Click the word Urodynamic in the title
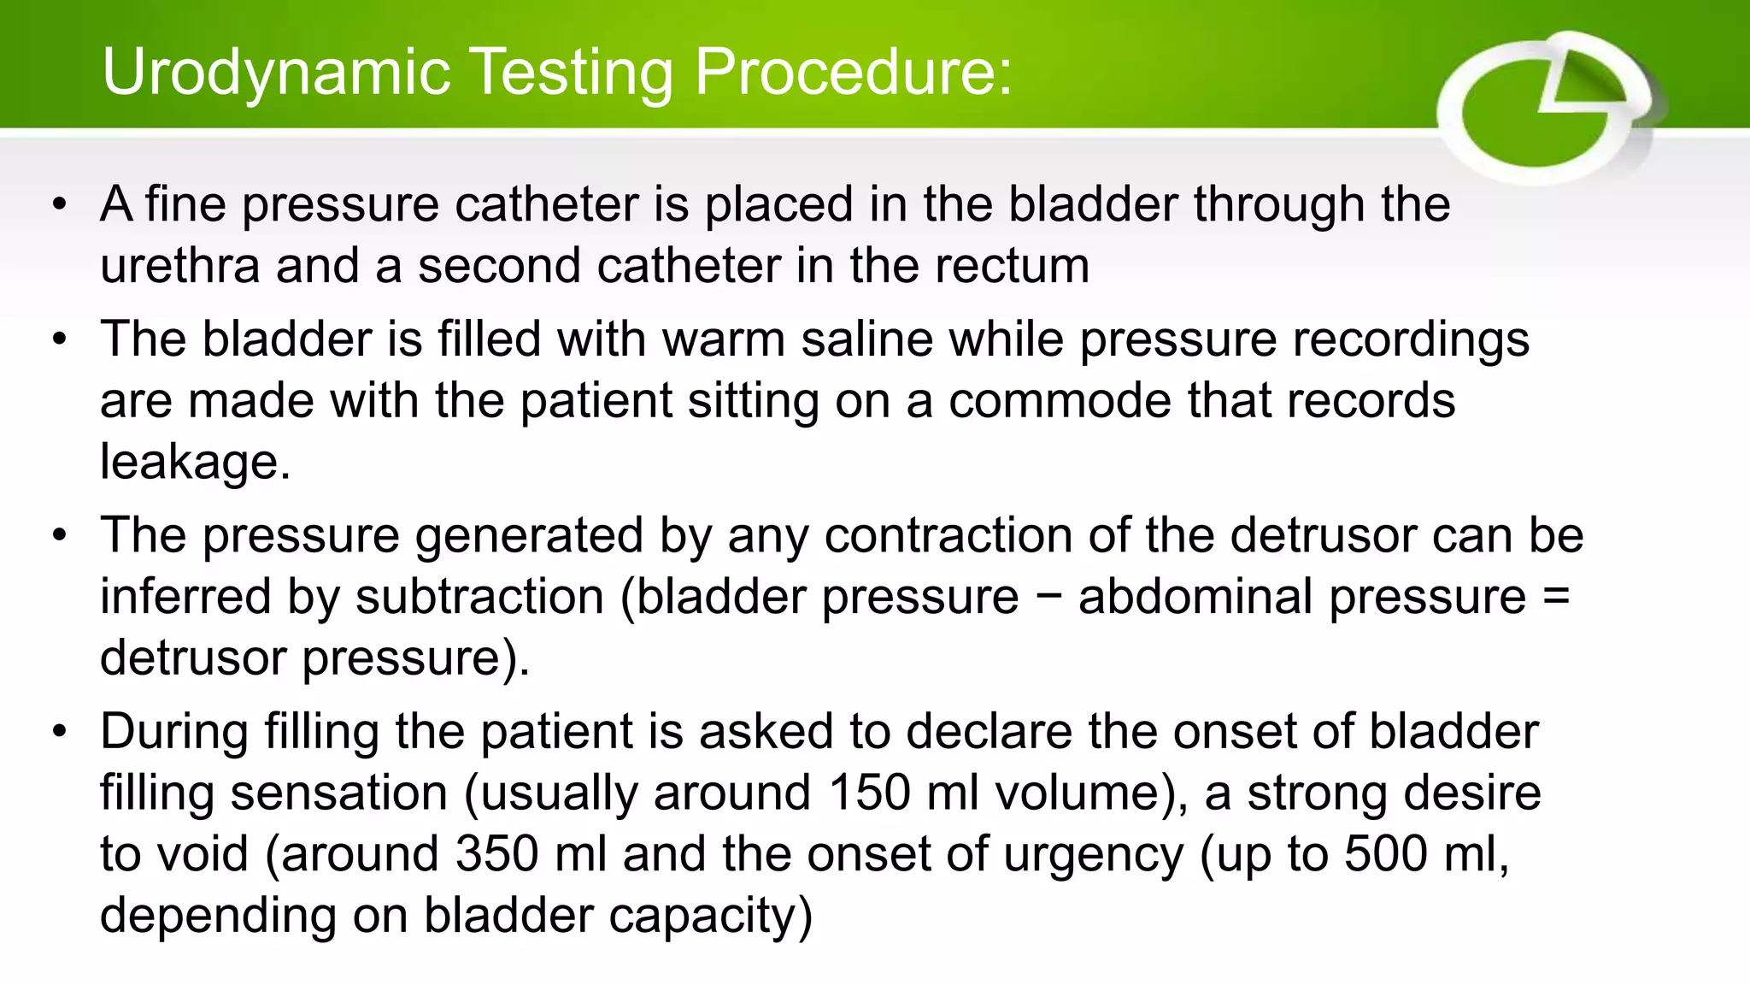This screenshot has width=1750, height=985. coord(276,72)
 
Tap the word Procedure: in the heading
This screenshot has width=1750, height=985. coord(853,72)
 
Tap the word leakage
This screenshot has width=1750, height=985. coord(195,463)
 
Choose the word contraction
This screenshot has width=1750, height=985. coord(948,536)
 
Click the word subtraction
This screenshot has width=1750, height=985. coord(479,597)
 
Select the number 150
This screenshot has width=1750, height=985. coord(869,793)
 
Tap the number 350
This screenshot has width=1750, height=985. coord(496,854)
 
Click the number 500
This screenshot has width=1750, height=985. coord(1385,854)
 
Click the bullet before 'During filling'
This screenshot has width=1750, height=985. coord(59,732)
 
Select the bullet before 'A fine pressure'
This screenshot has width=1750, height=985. coord(59,205)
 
